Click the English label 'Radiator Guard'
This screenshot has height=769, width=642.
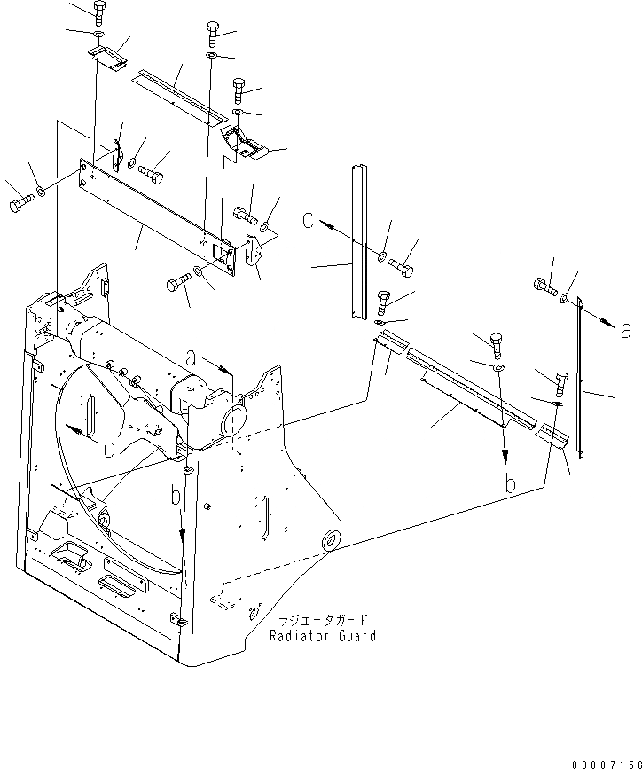[323, 636]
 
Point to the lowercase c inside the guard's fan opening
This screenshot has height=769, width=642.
[106, 449]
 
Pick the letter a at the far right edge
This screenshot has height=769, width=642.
[626, 331]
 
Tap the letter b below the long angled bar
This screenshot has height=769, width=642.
[509, 484]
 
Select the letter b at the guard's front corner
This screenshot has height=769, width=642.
[176, 494]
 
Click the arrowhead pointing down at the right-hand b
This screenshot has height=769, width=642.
[505, 458]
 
